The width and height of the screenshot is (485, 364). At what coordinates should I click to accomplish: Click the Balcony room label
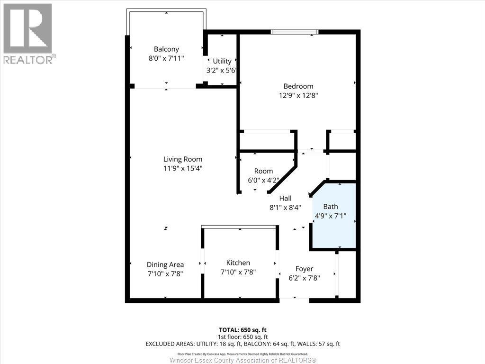pyautogui.click(x=166, y=49)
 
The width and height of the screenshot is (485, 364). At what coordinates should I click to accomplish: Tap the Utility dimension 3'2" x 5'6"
pyautogui.click(x=222, y=70)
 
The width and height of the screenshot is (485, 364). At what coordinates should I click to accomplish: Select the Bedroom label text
pyautogui.click(x=298, y=86)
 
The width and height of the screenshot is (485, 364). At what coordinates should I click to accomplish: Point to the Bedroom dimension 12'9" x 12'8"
pyautogui.click(x=298, y=95)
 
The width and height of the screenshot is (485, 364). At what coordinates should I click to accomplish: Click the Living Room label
pyautogui.click(x=182, y=159)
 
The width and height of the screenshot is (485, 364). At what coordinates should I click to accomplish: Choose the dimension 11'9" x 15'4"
pyautogui.click(x=182, y=168)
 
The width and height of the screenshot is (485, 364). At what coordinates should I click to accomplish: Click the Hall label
pyautogui.click(x=285, y=198)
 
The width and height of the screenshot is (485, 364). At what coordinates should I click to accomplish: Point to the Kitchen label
pyautogui.click(x=238, y=263)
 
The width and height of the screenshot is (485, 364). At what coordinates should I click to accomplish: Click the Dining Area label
pyautogui.click(x=165, y=264)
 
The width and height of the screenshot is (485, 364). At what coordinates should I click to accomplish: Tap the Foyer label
pyautogui.click(x=304, y=269)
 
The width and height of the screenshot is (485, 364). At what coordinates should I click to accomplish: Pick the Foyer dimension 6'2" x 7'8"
pyautogui.click(x=304, y=278)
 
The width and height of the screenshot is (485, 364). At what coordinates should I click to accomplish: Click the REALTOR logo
pyautogui.click(x=28, y=33)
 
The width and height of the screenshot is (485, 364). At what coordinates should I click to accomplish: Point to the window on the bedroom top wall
pyautogui.click(x=294, y=32)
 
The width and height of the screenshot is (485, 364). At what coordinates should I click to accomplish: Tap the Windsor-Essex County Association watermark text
pyautogui.click(x=242, y=360)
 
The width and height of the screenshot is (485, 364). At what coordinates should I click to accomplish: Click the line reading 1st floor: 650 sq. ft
pyautogui.click(x=242, y=337)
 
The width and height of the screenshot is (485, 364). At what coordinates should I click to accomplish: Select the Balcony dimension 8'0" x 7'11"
pyautogui.click(x=166, y=58)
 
